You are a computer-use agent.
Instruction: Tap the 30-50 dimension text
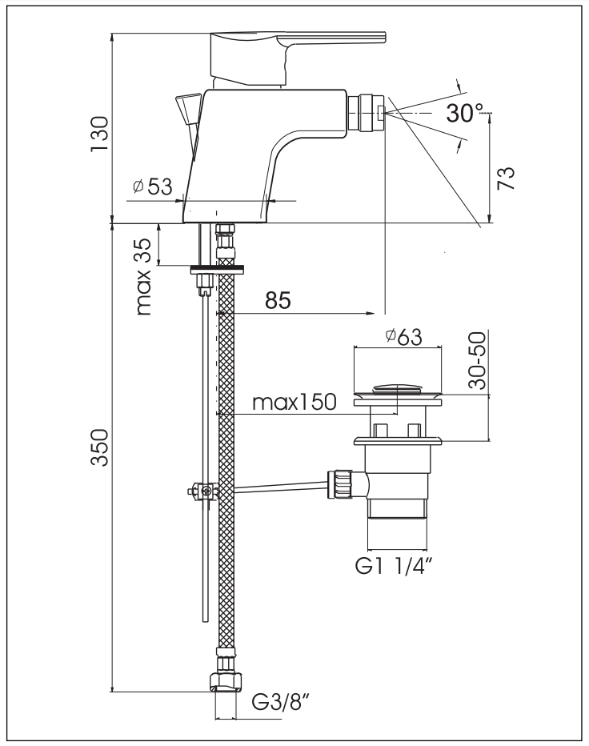click(478, 362)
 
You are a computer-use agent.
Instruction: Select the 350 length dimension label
click(99, 451)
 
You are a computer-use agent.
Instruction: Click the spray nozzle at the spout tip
click(369, 111)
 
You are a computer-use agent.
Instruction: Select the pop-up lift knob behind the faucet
click(189, 107)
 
